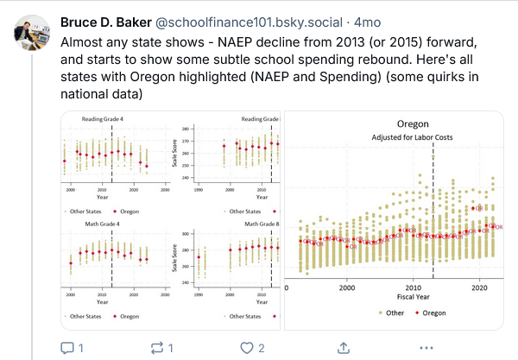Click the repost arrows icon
[156, 347]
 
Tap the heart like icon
[246, 347]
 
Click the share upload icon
[343, 347]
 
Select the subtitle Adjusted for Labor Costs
[394, 137]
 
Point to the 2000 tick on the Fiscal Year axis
[347, 287]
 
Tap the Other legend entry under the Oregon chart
[389, 313]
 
